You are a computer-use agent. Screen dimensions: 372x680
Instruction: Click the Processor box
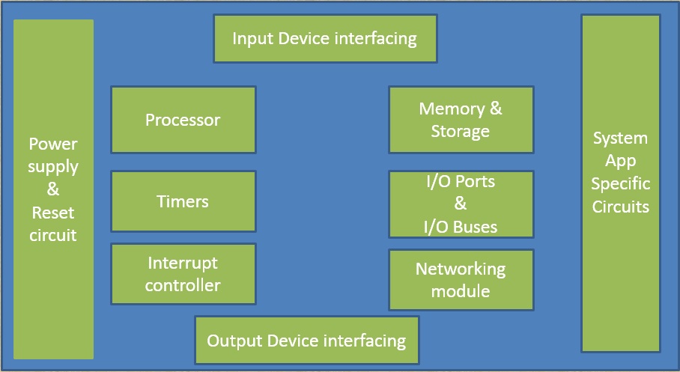tap(183, 120)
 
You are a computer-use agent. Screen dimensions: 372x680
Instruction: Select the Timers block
tap(183, 201)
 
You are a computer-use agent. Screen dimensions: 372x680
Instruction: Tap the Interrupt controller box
tap(183, 274)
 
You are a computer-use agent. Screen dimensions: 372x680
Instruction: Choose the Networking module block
tap(461, 279)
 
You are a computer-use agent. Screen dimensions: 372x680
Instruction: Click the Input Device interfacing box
tap(324, 38)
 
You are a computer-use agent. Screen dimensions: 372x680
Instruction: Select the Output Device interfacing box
tap(306, 341)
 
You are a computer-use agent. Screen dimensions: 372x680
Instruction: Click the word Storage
tap(461, 132)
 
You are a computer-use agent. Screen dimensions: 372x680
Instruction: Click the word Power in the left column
tap(53, 144)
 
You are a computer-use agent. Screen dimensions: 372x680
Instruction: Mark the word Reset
tap(53, 213)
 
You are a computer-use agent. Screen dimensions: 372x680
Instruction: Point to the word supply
tap(53, 166)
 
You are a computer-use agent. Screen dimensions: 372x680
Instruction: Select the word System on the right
tap(620, 138)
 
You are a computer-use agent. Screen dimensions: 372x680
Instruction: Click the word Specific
tap(620, 184)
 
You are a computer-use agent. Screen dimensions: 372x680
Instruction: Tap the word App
tap(620, 161)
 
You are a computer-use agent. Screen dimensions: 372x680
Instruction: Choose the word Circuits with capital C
tap(620, 207)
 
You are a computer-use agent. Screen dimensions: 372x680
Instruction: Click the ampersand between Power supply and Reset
tap(53, 189)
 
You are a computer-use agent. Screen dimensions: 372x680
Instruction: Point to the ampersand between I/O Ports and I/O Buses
tap(461, 204)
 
